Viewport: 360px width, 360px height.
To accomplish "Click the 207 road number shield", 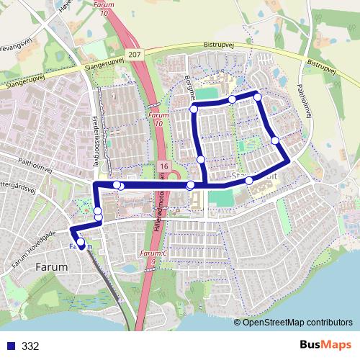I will coord(135,54).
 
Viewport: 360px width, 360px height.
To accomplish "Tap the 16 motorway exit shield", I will coord(164,167).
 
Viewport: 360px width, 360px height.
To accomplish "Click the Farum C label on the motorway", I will coord(153,253).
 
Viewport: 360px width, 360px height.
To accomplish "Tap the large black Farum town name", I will coord(51,266).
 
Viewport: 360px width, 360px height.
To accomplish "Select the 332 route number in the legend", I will coord(30,346).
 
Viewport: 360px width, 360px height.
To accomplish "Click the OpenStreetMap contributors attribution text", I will coord(298,322).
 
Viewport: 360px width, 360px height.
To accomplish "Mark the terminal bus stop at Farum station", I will coord(81,243).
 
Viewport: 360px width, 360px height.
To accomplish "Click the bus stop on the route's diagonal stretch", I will coord(275,140).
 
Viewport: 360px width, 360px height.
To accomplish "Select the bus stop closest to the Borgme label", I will coord(193,109).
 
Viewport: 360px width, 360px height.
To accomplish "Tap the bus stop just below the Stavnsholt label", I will coord(249,181).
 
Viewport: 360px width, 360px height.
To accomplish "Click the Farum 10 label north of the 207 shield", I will coord(106,10).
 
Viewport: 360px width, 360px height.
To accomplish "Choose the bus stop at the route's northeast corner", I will coord(257,96).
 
